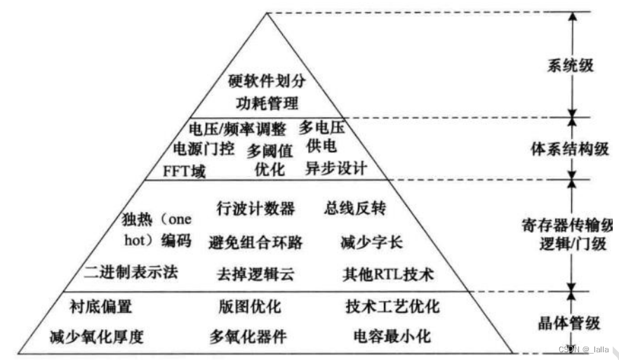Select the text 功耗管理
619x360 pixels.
click(x=264, y=102)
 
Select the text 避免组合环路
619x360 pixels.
click(x=256, y=243)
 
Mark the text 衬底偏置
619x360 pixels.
click(x=102, y=307)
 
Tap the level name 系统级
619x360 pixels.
click(x=570, y=66)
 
